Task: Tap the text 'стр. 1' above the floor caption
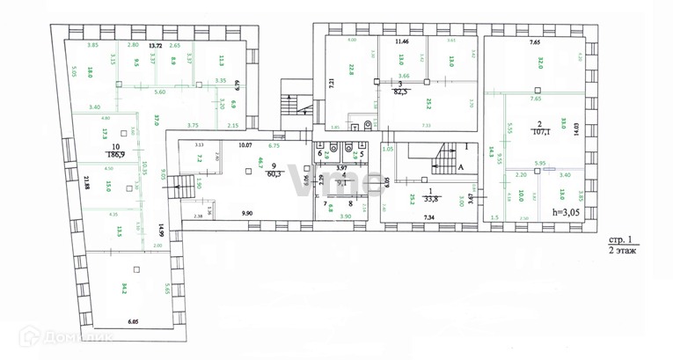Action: click(x=622, y=239)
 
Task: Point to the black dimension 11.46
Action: click(x=403, y=41)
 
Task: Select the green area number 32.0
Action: click(x=539, y=62)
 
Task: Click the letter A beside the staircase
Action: click(x=461, y=176)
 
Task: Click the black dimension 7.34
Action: click(x=429, y=216)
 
